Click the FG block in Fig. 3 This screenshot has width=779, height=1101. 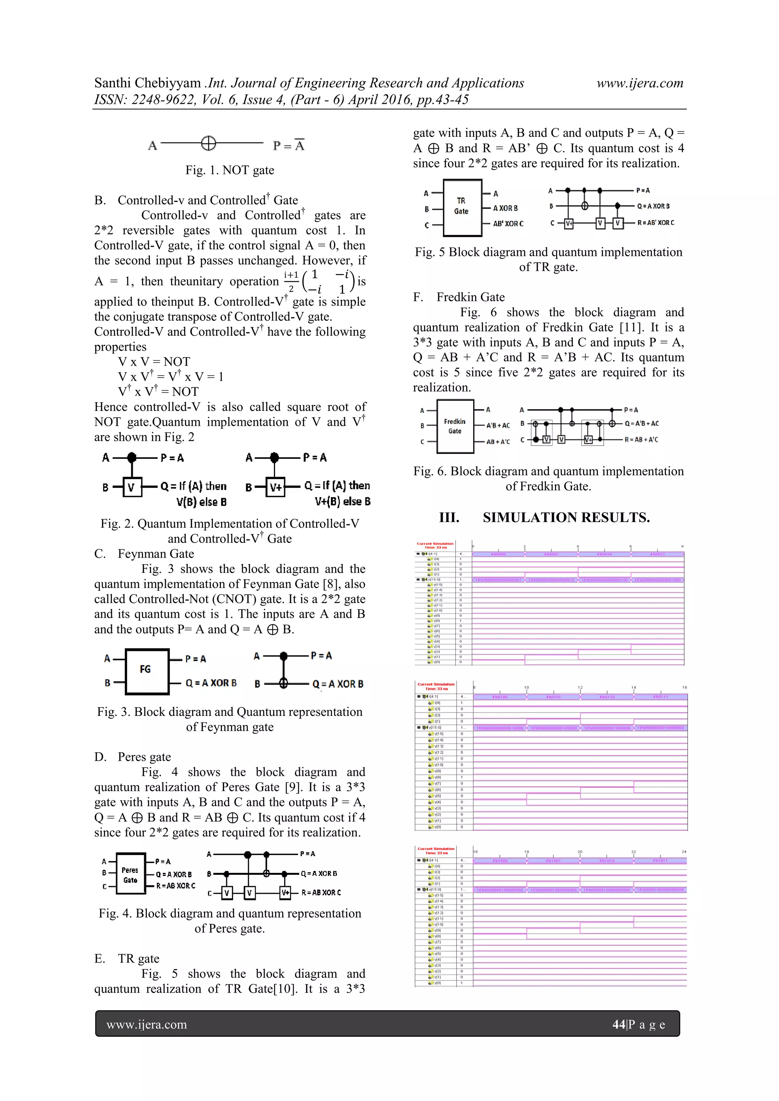pos(147,671)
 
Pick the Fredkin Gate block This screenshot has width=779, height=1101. pos(455,426)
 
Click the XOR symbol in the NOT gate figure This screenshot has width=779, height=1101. pos(208,143)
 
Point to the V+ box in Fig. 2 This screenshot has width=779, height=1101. pos(276,487)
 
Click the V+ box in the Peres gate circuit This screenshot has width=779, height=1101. pos(285,892)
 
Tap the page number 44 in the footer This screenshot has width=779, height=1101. pos(619,1024)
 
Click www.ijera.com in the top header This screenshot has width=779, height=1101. pos(639,83)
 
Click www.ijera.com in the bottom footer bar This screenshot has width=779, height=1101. pos(147,1024)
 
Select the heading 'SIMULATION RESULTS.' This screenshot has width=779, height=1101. pos(566,517)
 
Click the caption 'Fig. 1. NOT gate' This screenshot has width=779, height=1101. pos(230,170)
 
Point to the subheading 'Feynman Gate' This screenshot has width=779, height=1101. pos(156,554)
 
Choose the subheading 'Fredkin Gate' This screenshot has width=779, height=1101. pos(470,297)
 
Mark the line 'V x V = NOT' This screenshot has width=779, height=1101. pos(154,362)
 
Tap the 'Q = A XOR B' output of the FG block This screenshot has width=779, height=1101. pos(211,683)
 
